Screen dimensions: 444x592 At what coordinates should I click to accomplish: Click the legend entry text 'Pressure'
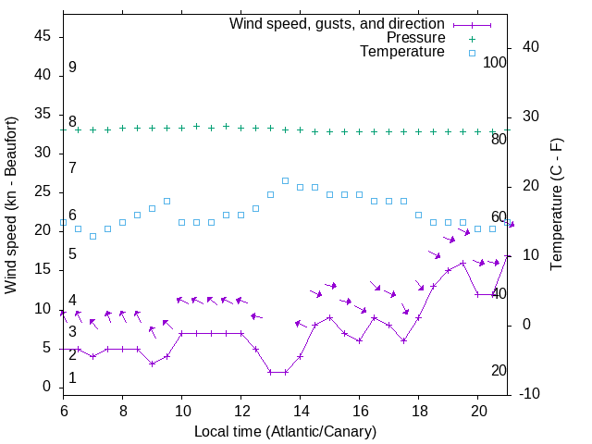pos(415,38)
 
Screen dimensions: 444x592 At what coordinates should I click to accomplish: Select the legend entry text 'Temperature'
pos(402,52)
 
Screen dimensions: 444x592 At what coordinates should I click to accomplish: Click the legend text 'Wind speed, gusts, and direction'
pos(338,24)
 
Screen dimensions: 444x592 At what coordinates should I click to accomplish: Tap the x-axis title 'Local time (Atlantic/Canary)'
pos(285,431)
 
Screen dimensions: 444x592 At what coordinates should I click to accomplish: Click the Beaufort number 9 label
pos(72,68)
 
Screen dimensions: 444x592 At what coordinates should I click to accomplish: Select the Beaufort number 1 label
pos(72,378)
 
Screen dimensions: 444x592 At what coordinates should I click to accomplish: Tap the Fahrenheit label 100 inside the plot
pos(495,62)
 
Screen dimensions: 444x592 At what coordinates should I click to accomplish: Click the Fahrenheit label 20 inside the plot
pos(499,371)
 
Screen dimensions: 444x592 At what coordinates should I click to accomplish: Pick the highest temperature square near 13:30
pos(285,180)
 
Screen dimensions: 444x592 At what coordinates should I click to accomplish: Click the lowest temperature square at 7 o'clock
pos(92,236)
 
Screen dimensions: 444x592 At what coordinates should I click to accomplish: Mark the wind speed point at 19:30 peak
pos(462,264)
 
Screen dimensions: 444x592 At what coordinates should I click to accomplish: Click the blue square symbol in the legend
pos(472,53)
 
